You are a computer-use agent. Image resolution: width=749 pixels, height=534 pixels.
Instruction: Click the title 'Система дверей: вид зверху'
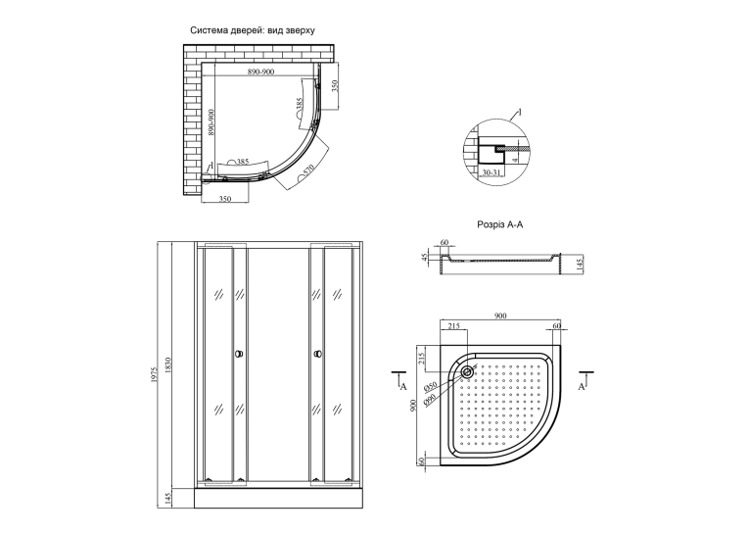coord(253,30)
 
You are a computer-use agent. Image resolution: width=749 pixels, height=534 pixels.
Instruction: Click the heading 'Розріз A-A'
coord(499,224)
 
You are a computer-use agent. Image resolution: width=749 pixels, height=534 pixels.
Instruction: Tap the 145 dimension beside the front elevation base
coord(167,499)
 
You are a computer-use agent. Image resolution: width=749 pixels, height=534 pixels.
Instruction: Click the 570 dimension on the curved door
coord(308,170)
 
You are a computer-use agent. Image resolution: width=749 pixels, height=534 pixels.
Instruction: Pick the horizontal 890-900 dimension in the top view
coord(260,72)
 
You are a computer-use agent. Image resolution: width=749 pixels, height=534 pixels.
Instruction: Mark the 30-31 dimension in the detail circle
coord(491,172)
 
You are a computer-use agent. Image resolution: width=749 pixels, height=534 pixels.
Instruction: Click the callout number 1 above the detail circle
coord(520,113)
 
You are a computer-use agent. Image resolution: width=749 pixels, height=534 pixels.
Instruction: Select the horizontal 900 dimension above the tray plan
coord(499,316)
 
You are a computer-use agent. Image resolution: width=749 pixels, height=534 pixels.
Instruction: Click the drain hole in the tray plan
coord(467,372)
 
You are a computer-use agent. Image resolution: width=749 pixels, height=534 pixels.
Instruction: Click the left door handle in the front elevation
coord(239,355)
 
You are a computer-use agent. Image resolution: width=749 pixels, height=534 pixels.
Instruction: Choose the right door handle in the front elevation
coord(317,355)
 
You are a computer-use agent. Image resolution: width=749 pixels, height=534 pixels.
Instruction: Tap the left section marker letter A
coord(402,386)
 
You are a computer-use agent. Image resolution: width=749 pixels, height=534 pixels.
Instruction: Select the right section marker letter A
coord(582,386)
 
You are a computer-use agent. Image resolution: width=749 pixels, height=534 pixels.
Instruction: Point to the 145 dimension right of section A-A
coord(580,265)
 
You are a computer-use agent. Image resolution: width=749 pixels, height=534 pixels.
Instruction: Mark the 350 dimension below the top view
coord(225,199)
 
